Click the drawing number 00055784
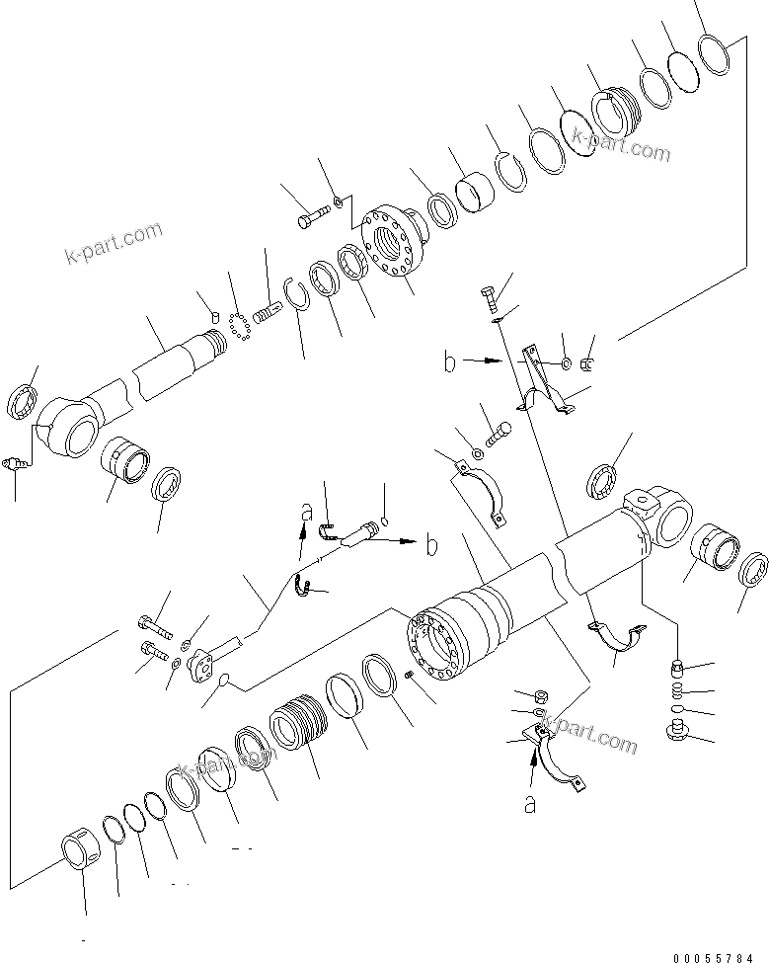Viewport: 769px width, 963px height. tap(720, 957)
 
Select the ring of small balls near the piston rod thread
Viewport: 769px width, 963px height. tap(238, 329)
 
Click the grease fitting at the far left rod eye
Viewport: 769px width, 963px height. tap(14, 464)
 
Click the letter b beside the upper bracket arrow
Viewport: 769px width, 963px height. tap(449, 363)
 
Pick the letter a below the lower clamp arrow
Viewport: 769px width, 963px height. tap(530, 804)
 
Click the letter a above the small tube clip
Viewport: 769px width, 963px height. tap(308, 512)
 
